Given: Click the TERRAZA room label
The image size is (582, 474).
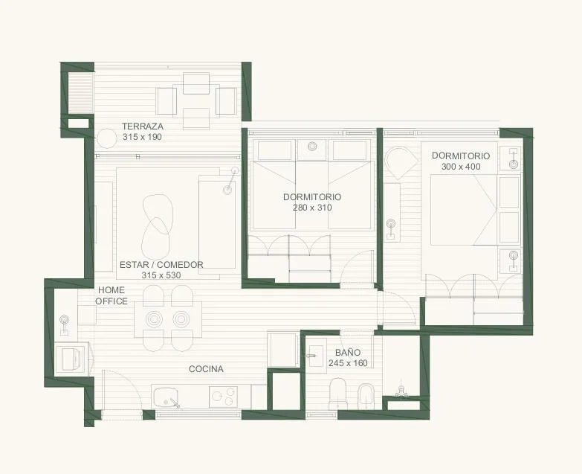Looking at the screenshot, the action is coord(143,126).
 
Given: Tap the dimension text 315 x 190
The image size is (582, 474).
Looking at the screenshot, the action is coord(142,137).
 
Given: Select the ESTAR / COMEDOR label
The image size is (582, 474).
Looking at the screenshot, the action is coord(161,265).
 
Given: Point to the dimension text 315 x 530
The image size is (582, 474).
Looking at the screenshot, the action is coord(161,275).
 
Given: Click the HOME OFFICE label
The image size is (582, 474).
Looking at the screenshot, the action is coord(111,295).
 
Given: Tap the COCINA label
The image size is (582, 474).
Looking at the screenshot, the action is coord(206,369).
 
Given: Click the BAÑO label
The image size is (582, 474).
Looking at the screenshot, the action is coord(348,353).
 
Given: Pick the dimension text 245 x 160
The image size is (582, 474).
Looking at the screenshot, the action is coord(348,363).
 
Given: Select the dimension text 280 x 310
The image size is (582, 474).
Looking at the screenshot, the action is coord(312,208).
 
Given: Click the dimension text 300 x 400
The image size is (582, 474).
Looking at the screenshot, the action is coord(461,167).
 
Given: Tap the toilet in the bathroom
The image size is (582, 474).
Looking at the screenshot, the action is coord(337,394).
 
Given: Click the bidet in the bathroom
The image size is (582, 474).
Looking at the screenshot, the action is coord(366,396).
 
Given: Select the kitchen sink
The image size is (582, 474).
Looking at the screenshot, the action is coord(165,397).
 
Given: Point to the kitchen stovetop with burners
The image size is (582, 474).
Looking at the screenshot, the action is coord(223,397).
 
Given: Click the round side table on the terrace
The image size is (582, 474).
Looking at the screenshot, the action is coord(107,138).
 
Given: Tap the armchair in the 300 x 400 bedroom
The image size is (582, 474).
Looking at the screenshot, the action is coord(401,163).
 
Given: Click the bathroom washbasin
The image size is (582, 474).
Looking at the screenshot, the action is coord(317,356).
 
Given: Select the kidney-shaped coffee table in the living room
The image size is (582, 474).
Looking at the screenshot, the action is coord(157,228).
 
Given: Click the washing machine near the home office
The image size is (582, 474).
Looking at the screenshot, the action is coord(72,359).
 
